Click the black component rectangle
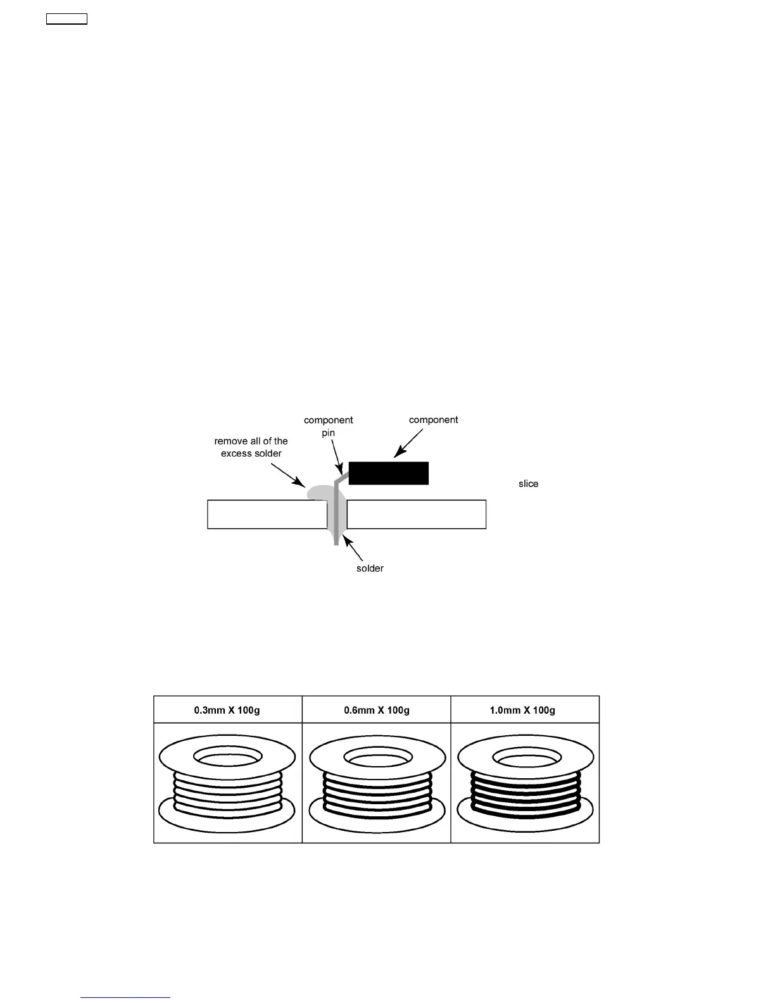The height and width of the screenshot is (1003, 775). point(388,473)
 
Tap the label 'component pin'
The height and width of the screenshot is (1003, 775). point(328,426)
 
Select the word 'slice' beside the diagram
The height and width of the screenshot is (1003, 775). point(528,484)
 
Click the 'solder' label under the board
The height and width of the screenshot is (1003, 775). point(370,568)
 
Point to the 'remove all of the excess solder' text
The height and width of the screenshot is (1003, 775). point(251,447)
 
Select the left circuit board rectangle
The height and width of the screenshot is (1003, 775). point(267,514)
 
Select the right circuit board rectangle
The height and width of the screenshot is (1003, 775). point(416,514)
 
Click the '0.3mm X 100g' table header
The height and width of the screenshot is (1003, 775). point(227,710)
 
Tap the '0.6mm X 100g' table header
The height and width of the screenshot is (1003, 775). point(377,710)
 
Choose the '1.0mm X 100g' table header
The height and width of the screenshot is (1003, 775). point(525,710)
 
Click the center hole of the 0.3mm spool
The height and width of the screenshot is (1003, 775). point(227,757)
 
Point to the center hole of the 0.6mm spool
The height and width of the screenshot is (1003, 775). point(377,757)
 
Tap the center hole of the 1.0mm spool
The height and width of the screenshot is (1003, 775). point(525,757)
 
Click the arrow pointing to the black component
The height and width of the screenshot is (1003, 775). point(408,443)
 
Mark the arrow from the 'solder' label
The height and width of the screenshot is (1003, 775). point(352,548)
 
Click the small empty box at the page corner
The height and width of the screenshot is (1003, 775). point(66,19)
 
